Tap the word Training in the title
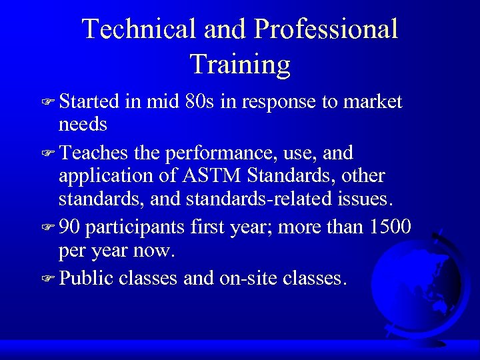(240, 64)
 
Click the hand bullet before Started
(47, 103)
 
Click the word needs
(83, 125)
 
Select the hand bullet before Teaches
(47, 154)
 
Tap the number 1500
(389, 227)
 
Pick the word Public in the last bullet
(86, 277)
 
